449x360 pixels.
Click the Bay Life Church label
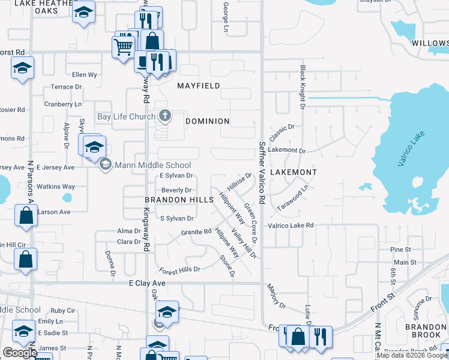click(126, 116)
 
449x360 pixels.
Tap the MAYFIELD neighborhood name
click(199, 86)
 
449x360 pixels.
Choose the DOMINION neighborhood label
click(208, 121)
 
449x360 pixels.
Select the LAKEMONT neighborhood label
click(294, 172)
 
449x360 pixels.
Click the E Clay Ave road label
click(147, 283)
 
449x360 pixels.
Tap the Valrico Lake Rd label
click(291, 225)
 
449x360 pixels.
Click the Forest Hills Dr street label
click(179, 271)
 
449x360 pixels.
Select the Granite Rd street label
click(196, 232)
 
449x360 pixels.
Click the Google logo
click(20, 353)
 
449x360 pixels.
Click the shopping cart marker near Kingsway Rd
click(123, 46)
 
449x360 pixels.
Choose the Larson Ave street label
click(54, 212)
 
